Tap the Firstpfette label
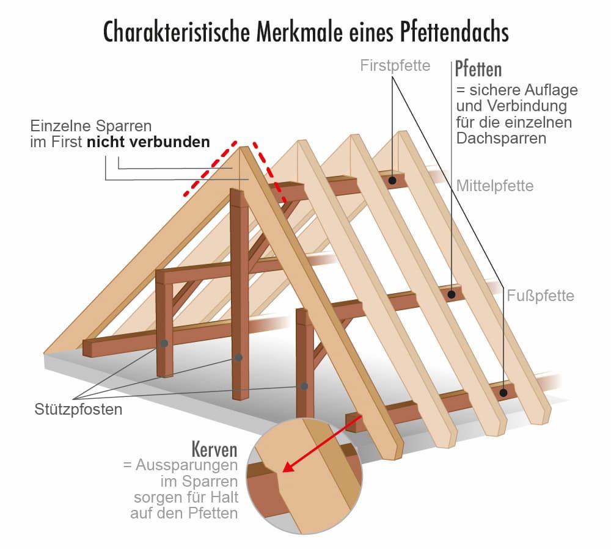tap(395, 65)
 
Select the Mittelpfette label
tap(495, 185)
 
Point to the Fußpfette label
tap(541, 296)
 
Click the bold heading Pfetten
tap(478, 68)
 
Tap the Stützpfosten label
tap(78, 409)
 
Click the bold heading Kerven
tap(214, 450)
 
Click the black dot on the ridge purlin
tap(393, 180)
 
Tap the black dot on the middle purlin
tap(452, 294)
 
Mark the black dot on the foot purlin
tap(504, 393)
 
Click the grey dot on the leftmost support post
tap(164, 344)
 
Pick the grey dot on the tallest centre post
tap(238, 357)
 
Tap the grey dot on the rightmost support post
tap(304, 386)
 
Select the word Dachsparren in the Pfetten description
tap(501, 138)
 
